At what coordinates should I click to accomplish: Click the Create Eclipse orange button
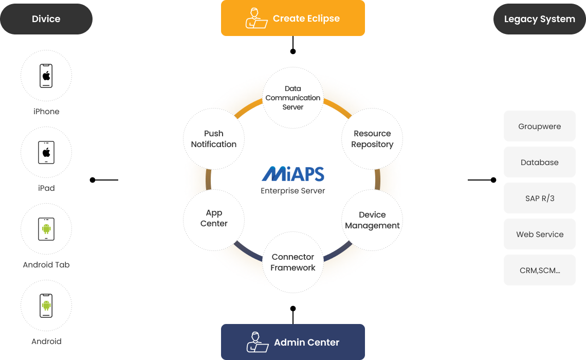point(293,18)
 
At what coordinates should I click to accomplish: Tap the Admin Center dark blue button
point(293,342)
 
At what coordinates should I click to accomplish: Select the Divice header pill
point(46,19)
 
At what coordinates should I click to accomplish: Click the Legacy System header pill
point(539,19)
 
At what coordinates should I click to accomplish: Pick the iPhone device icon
point(46,76)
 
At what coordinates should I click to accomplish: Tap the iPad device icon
point(46,153)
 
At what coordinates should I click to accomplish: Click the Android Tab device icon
point(46,229)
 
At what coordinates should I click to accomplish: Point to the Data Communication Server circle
point(293,98)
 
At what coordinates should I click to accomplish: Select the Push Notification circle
point(214,139)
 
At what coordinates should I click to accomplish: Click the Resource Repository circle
point(372,139)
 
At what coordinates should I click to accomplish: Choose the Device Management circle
point(372,220)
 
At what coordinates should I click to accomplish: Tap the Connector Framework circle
point(293,262)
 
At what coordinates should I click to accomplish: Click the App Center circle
point(214,218)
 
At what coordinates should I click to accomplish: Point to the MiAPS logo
point(293,174)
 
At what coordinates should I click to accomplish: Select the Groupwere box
point(539,126)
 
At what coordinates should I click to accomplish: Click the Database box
point(539,162)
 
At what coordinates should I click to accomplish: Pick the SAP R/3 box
point(539,198)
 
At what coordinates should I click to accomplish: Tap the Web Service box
point(539,234)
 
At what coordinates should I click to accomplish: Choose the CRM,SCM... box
point(539,270)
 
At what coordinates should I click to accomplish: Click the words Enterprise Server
point(293,191)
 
